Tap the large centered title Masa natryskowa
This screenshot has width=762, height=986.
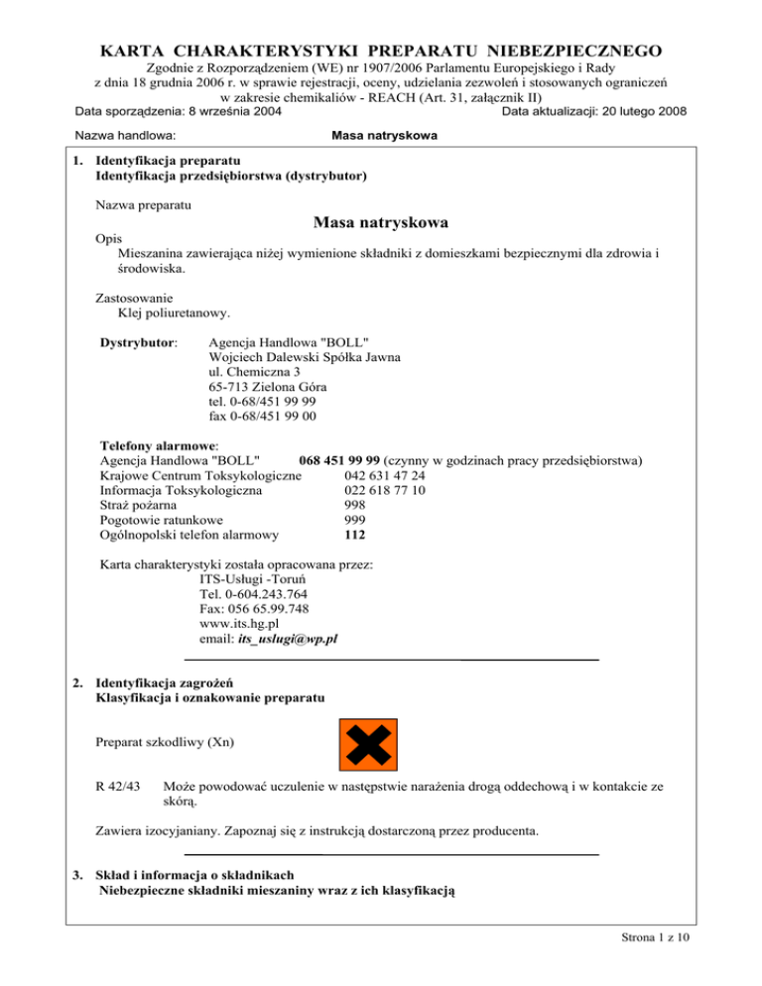click(380, 220)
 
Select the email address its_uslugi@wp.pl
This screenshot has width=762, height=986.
click(288, 640)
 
